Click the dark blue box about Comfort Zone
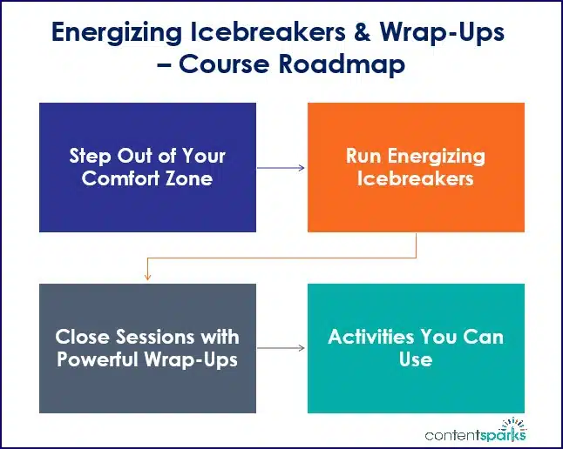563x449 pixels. [147, 167]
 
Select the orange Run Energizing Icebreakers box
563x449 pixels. [416, 167]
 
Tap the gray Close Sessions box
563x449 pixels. [147, 348]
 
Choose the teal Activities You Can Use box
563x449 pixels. [416, 348]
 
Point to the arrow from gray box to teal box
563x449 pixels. [281, 348]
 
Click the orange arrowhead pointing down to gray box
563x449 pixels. [147, 277]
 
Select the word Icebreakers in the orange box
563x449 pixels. [416, 179]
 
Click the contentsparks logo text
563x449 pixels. [475, 434]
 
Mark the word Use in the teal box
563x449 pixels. [416, 359]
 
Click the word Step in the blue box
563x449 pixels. [91, 157]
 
